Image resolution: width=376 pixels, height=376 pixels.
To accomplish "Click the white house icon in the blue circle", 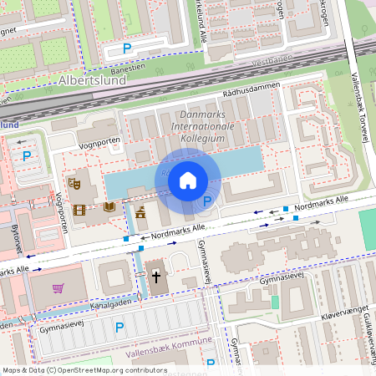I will coord(188,180).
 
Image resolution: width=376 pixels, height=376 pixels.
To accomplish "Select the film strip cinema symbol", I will coord(79,209).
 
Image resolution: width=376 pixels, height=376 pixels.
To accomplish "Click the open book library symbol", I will coord(109,207).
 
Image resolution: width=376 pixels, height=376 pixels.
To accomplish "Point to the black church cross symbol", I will coord(155,276).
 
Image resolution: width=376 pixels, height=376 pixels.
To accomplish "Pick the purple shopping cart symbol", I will coord(58,288).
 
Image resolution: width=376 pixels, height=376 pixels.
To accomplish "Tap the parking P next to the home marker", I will coord(206,201).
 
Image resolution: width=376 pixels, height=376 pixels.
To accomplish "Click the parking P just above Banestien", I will coord(127,48).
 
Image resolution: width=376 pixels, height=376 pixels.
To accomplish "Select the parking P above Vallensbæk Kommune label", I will coord(119,328).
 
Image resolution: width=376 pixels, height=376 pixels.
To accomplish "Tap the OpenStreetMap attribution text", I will coord(84,369).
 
